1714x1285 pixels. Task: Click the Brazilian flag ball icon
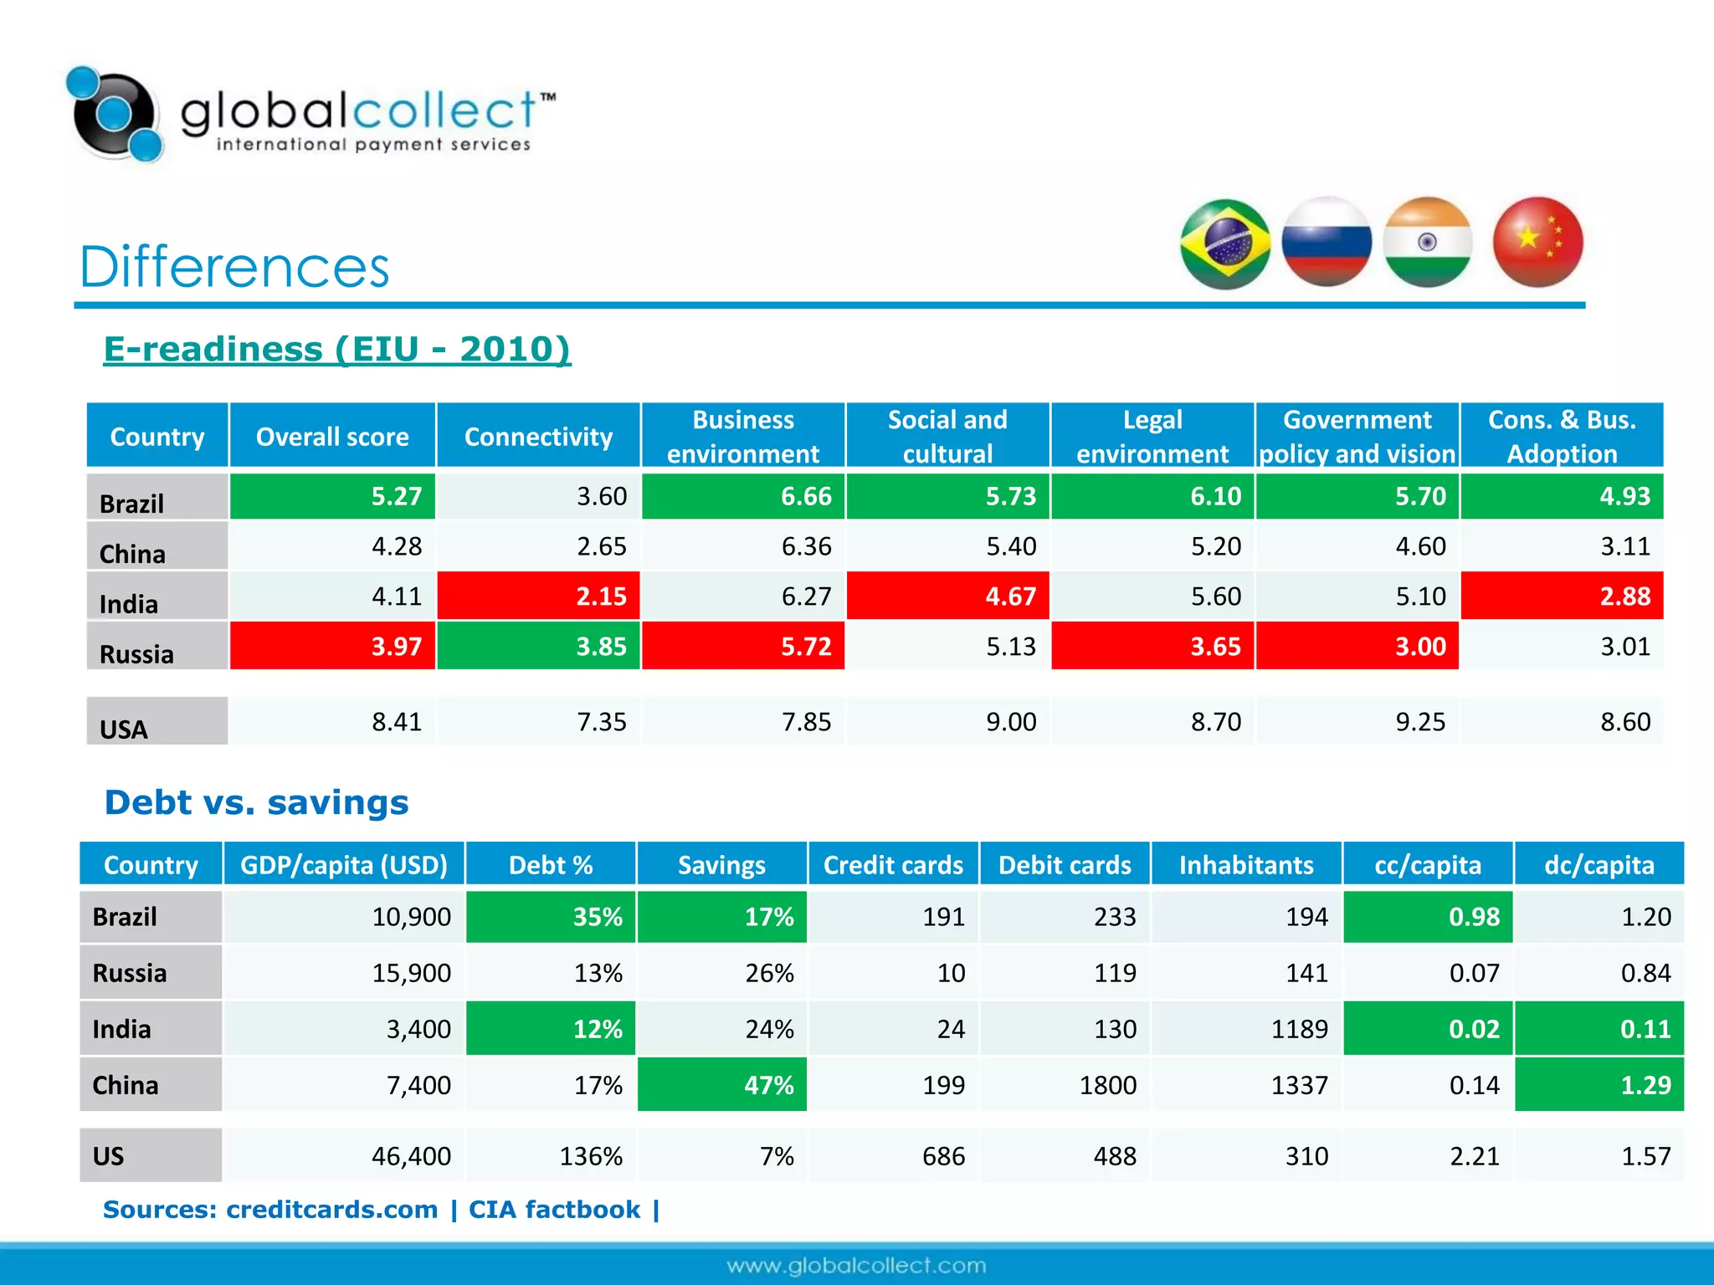1225,243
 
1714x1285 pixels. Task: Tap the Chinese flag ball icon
1537,242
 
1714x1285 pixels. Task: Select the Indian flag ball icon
1428,242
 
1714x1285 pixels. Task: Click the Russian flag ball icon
1327,242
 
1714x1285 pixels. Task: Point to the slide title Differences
234,267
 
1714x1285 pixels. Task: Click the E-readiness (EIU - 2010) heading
336,349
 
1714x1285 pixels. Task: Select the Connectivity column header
538,436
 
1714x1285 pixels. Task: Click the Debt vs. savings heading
256,802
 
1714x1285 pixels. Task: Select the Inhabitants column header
1245,864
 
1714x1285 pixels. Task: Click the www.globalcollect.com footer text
856,1266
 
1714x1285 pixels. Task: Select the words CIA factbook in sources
554,1210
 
